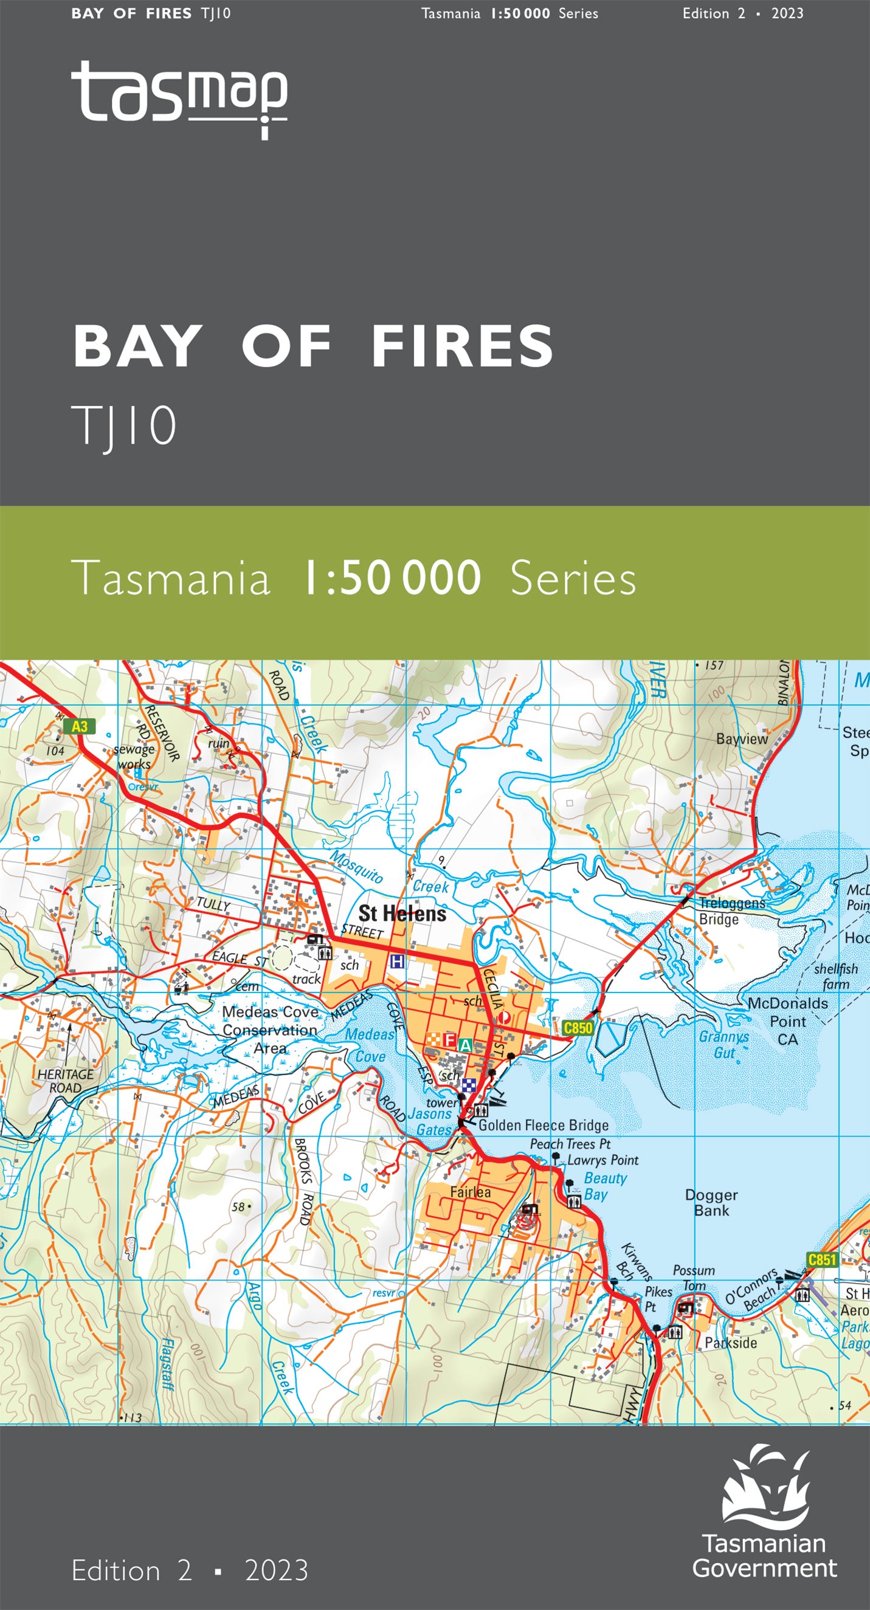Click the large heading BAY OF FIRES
(x=313, y=347)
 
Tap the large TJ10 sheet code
(x=125, y=425)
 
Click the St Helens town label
(x=402, y=913)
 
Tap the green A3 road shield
(x=80, y=726)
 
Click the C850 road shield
(x=578, y=1028)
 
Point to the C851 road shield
(x=821, y=1259)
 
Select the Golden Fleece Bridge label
(x=543, y=1126)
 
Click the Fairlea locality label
(x=471, y=1192)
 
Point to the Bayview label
(x=742, y=738)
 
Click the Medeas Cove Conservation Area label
(x=270, y=1030)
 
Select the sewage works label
(x=134, y=757)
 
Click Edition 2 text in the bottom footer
(x=131, y=1570)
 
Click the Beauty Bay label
(x=604, y=1186)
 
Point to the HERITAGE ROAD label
(x=65, y=1081)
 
